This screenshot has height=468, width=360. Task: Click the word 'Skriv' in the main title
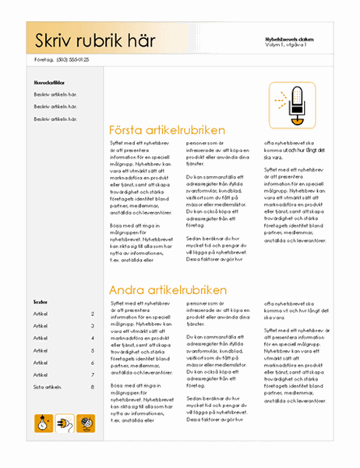(50, 40)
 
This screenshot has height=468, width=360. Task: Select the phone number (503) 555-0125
(72, 59)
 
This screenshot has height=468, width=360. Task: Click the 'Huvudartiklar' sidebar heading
(48, 82)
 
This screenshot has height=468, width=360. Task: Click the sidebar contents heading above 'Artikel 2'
(40, 301)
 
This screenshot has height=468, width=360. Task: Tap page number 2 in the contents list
(93, 314)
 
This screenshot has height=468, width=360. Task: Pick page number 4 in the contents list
(93, 338)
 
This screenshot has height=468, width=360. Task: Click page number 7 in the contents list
(93, 374)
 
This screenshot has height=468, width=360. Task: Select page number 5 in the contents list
(93, 350)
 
